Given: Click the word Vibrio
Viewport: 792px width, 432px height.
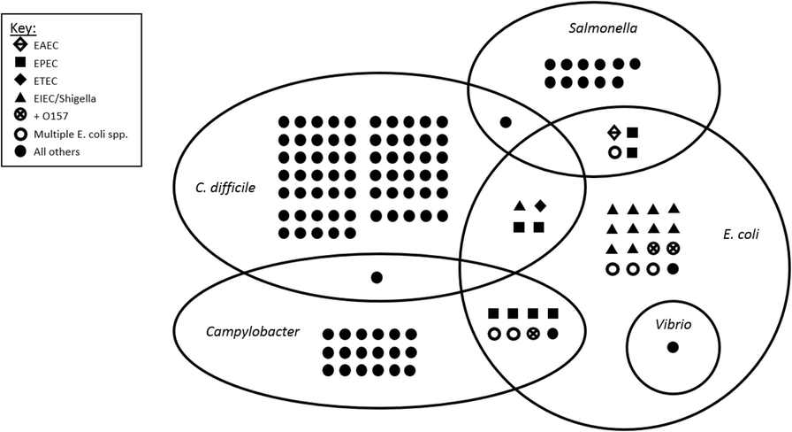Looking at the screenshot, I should click(x=673, y=324).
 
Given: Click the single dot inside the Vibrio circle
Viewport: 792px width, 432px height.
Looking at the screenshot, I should click(x=673, y=346).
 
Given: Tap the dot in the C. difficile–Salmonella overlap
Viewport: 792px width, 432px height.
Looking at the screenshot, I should click(x=506, y=122).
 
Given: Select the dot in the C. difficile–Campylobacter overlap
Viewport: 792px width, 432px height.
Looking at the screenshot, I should click(x=377, y=277).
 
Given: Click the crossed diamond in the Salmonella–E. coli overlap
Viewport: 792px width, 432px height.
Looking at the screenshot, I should click(x=613, y=133).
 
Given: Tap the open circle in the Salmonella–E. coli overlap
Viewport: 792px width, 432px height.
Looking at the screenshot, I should click(x=613, y=152).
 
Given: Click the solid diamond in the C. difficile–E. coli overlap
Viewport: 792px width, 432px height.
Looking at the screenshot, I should click(x=540, y=206).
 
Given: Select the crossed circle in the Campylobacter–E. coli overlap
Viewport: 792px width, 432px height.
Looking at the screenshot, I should click(x=533, y=334).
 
